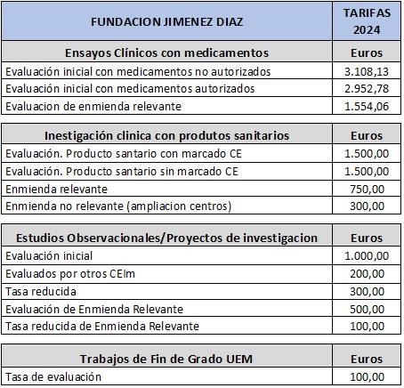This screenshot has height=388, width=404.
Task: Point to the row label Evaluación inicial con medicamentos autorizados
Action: [x=130, y=88]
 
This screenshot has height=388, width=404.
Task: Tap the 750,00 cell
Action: [x=372, y=189]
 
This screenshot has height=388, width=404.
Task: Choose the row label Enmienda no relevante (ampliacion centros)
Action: [x=117, y=206]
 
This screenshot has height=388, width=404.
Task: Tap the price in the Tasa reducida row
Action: [x=372, y=291]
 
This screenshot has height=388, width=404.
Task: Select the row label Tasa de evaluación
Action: [x=53, y=376]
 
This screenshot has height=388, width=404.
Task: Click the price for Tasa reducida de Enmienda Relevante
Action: [x=372, y=326]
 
